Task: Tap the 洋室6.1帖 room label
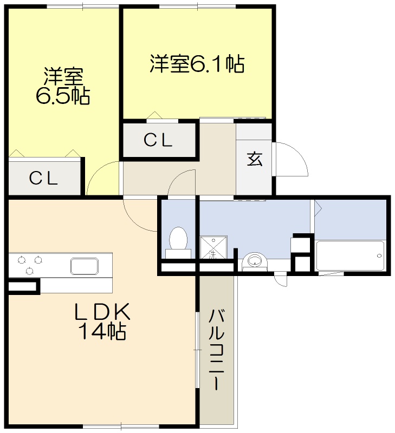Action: tap(197, 64)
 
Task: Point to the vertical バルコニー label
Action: tap(217, 349)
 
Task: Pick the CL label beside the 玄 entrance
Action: tap(158, 140)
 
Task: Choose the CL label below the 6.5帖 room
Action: tap(43, 178)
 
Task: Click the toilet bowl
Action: tap(178, 238)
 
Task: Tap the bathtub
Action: tap(350, 255)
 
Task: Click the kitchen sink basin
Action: tap(84, 266)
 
